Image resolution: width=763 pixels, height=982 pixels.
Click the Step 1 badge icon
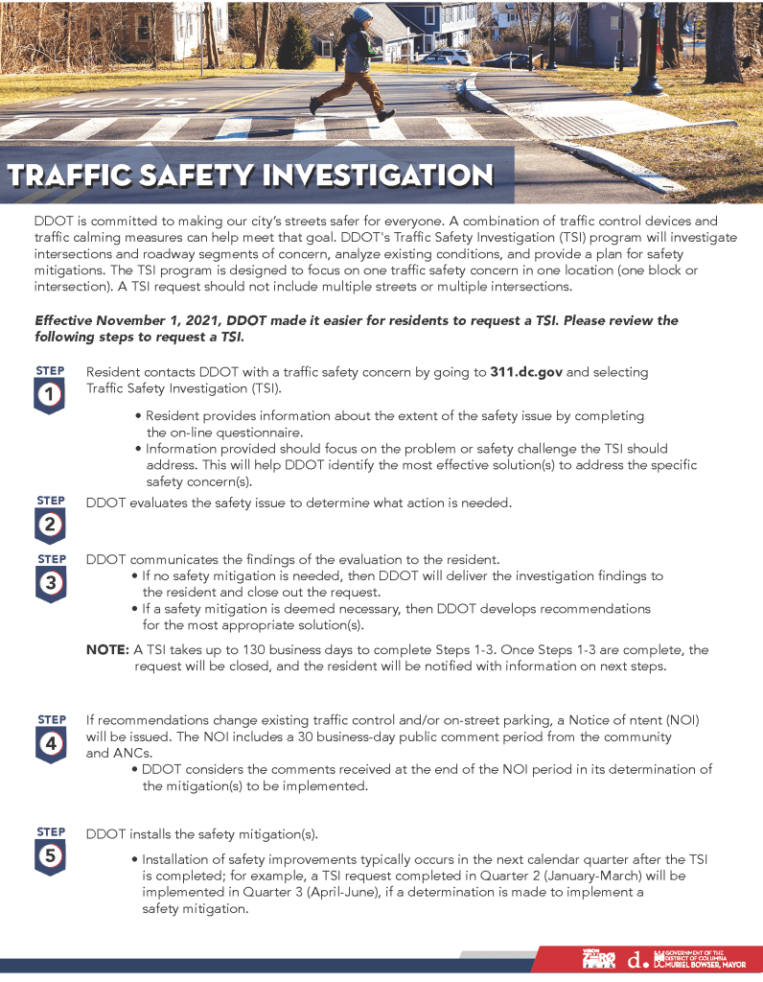point(50,388)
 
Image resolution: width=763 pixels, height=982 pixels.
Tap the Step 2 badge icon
point(50,519)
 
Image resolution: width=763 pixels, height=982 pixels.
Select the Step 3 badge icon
point(50,577)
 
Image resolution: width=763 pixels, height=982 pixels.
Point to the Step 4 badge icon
point(50,738)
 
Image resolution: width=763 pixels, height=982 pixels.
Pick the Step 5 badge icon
point(50,851)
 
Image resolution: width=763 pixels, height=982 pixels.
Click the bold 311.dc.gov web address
point(526,372)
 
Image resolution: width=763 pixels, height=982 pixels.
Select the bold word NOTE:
point(107,649)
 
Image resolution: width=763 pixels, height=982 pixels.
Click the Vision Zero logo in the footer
point(598,958)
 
